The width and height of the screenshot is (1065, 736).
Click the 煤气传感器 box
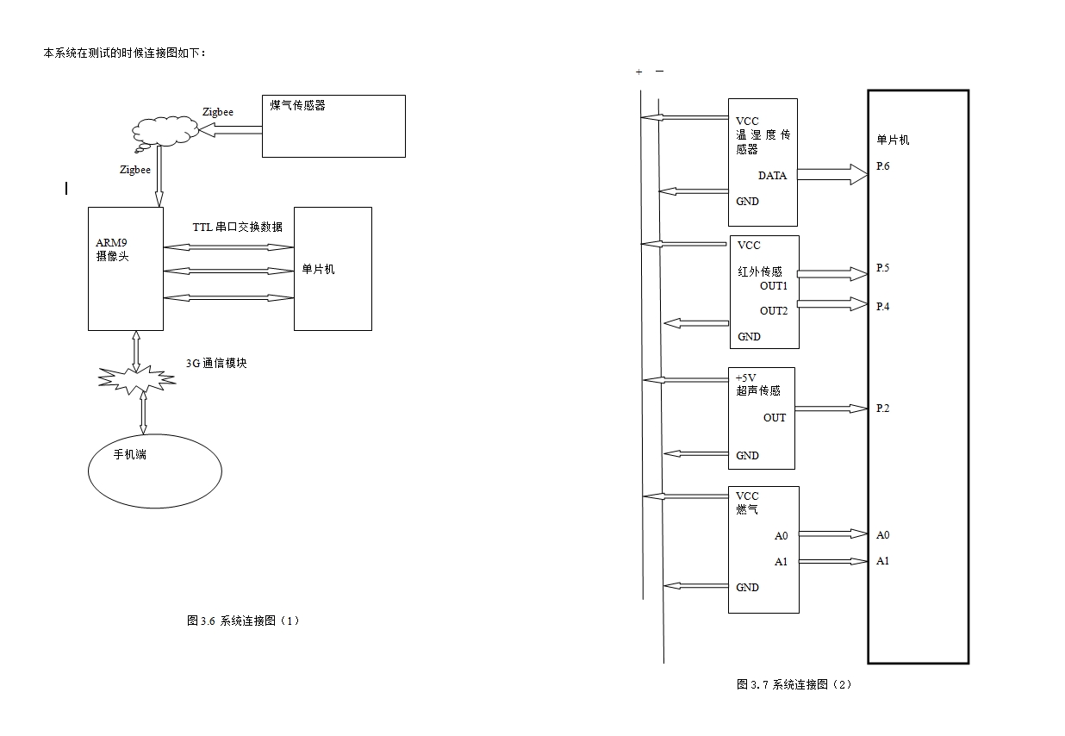click(x=333, y=126)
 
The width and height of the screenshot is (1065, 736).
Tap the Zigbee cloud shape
click(x=164, y=132)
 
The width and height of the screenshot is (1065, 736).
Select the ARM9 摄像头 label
click(x=112, y=250)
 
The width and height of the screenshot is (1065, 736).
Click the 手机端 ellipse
click(x=155, y=471)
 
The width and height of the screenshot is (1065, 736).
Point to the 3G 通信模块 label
click(x=216, y=363)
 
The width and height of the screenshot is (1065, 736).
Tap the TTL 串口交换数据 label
click(x=237, y=227)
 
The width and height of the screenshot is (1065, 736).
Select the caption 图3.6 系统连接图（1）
click(x=243, y=621)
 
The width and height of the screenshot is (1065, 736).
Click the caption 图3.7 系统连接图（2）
click(x=794, y=684)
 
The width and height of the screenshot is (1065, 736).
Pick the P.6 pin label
click(x=882, y=166)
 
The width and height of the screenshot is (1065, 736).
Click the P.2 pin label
click(x=882, y=409)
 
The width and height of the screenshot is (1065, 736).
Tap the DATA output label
click(x=772, y=176)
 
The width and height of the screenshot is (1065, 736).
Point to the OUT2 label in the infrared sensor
click(x=774, y=311)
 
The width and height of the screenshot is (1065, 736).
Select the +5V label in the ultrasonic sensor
click(x=746, y=377)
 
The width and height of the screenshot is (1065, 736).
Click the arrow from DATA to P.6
click(x=832, y=175)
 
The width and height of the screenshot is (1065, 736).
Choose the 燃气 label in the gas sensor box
click(x=747, y=509)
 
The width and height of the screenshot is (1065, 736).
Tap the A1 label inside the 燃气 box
click(x=781, y=562)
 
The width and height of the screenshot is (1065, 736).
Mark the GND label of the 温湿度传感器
click(x=747, y=202)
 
